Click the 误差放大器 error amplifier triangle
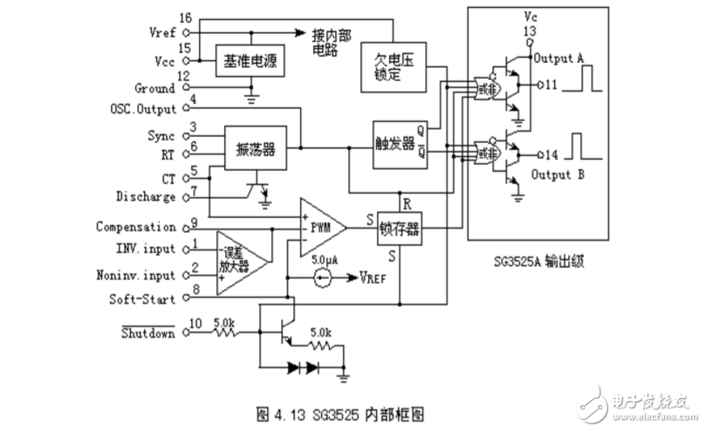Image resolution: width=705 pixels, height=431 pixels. click(x=237, y=259)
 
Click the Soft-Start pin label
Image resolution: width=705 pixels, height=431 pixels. click(x=150, y=298)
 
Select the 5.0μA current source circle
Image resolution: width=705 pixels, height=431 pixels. click(x=324, y=279)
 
